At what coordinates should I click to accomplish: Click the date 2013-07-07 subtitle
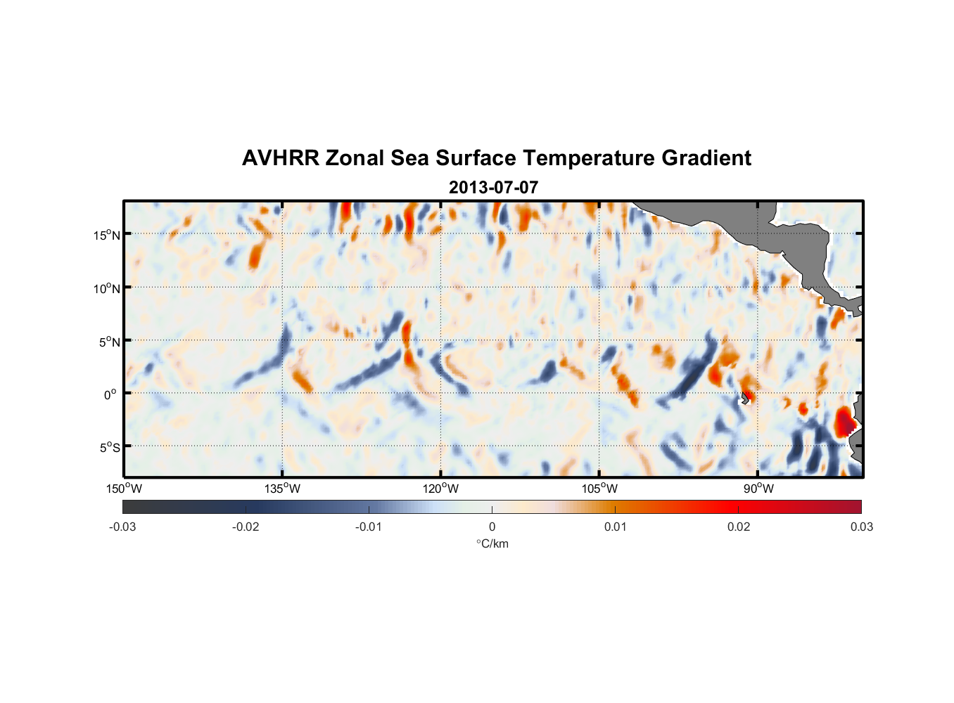[493, 188]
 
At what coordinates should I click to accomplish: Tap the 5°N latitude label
[109, 342]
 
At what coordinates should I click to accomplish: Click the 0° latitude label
[110, 394]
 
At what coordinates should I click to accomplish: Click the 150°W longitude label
[124, 489]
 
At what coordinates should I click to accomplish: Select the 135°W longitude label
[282, 489]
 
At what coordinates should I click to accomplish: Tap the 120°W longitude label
[440, 489]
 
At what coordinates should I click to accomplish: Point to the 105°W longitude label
[599, 489]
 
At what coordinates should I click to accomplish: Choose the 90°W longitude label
[758, 489]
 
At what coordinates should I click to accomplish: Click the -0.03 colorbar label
[122, 527]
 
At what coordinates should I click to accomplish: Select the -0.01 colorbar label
[369, 527]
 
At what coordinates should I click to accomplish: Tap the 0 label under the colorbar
[492, 527]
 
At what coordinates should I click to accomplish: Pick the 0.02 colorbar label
[739, 527]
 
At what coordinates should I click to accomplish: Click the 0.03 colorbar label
[861, 527]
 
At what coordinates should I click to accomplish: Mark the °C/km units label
[492, 543]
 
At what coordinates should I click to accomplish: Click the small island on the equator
[744, 399]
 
